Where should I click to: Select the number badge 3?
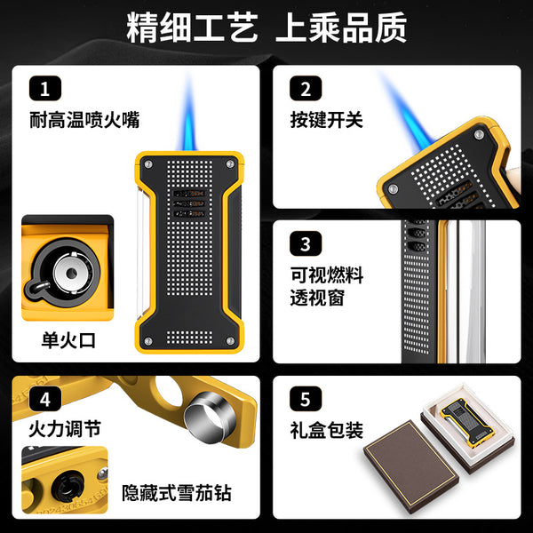[305, 243]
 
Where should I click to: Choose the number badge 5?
[305, 399]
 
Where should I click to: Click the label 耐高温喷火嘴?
[84, 118]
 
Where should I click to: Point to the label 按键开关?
[326, 119]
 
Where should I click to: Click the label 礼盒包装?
[326, 431]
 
